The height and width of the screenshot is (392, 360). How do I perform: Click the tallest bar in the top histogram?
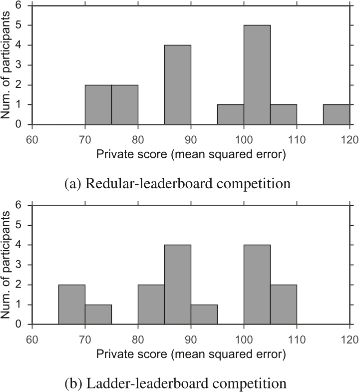click(x=257, y=75)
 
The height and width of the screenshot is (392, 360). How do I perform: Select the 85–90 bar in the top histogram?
click(x=178, y=85)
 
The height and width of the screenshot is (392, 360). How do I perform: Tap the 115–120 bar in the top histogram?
click(x=336, y=114)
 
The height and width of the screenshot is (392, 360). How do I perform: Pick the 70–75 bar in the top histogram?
click(x=98, y=104)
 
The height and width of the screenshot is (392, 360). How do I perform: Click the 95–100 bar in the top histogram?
click(x=231, y=114)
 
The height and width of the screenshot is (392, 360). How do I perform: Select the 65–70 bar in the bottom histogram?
click(x=72, y=305)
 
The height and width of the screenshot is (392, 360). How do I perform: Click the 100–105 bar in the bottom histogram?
click(x=257, y=285)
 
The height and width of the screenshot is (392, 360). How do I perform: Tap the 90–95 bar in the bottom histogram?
click(x=204, y=315)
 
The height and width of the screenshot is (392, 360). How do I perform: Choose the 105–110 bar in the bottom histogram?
click(x=284, y=305)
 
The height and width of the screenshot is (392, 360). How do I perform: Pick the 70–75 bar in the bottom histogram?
click(x=98, y=315)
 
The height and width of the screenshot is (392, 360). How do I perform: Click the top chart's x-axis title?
click(x=191, y=155)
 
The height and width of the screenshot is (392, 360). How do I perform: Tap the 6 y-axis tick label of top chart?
click(x=18, y=6)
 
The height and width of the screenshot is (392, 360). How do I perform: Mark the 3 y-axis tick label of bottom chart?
click(x=18, y=265)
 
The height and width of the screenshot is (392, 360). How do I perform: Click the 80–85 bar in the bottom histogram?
click(x=151, y=305)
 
